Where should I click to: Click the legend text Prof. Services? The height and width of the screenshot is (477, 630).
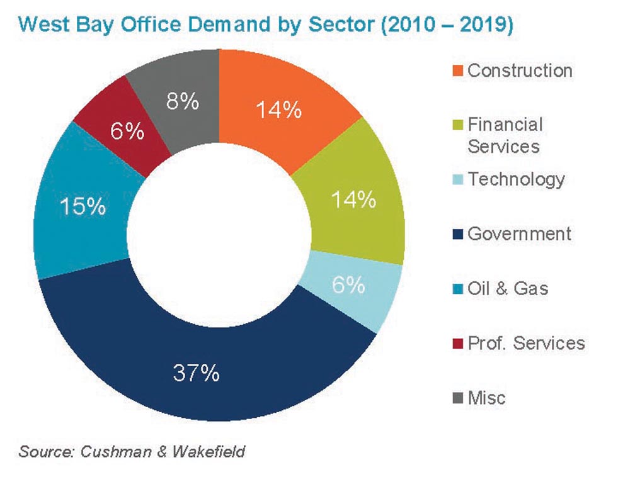pos(526,343)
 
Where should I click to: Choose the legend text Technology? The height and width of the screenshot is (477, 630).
pos(516,179)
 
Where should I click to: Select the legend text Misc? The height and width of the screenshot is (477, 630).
pos(486,398)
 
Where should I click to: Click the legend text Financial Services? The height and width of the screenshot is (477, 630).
pos(504,135)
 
